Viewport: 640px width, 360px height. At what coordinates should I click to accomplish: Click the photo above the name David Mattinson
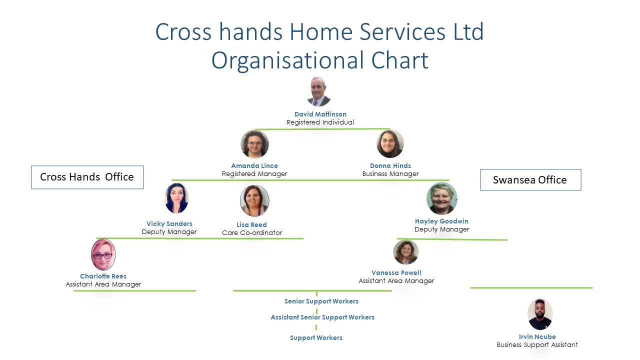pos(319,91)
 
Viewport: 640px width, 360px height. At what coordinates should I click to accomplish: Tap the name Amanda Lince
pos(254,165)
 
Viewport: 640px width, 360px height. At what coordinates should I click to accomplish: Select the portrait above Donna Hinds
pos(390,143)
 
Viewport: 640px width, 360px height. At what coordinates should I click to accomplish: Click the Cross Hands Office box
pos(87,177)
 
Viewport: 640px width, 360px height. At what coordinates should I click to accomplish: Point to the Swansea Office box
pos(530,179)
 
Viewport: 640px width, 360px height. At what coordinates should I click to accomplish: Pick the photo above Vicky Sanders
pos(176,198)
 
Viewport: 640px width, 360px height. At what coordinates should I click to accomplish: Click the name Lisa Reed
pos(251,225)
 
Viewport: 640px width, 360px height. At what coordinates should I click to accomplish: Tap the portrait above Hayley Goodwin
pos(441,198)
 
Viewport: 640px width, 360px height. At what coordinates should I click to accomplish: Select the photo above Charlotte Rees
pos(103,254)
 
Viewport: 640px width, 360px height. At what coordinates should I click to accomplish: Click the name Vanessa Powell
pos(396,273)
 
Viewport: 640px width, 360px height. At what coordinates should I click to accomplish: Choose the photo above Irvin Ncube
pos(540,314)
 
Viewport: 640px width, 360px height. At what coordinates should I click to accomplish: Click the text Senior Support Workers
pos(321,301)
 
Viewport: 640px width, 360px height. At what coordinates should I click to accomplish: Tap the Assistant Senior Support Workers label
pos(322,317)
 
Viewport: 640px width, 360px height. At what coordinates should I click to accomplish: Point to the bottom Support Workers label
pos(316,338)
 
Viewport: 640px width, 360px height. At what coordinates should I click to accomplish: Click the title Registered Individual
pos(320,122)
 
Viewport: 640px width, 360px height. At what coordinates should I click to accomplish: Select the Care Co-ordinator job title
pos(252,233)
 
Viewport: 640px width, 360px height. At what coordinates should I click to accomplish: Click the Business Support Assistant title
pos(537,345)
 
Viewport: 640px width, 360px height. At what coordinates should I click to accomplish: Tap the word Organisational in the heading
pos(287,60)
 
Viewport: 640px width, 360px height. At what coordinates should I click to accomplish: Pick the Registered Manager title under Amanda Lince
pos(254,173)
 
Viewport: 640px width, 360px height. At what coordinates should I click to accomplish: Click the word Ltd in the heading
pos(468,31)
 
